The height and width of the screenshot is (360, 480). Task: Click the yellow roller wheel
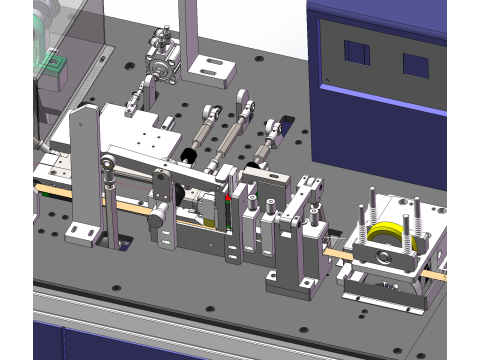point(385,236)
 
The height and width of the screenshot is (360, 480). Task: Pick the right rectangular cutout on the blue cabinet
point(415,66)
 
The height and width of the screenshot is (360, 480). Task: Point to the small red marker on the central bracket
point(227,199)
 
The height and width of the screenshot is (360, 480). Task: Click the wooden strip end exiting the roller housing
point(437,271)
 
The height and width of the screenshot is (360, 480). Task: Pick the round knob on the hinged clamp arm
point(158,211)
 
